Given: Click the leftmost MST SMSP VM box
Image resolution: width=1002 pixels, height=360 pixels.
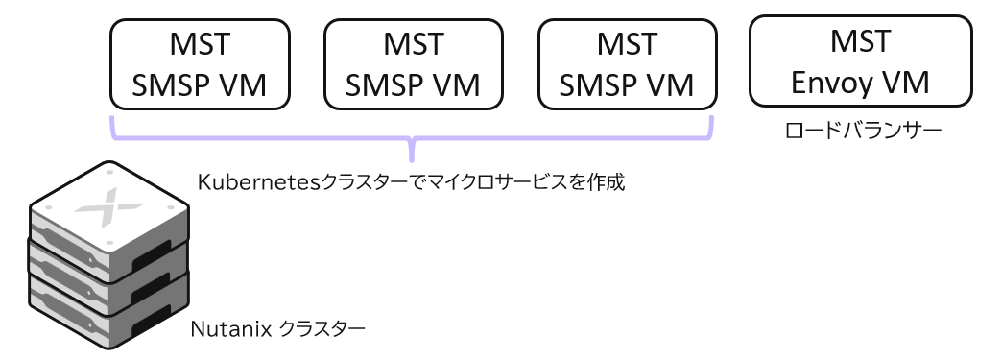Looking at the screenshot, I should click(200, 64).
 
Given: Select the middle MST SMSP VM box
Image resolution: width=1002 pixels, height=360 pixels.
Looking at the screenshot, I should click(414, 64).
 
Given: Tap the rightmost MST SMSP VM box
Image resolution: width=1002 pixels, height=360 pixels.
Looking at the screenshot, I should click(627, 64).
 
